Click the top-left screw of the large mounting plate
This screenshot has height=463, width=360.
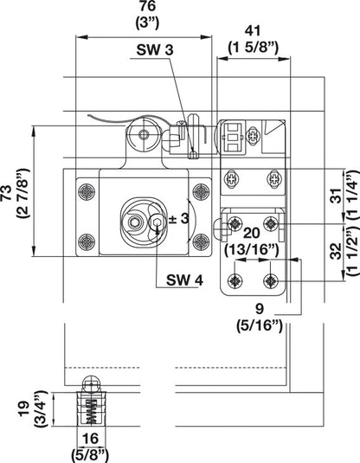click(x=84, y=190)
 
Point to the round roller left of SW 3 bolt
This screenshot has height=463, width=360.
click(x=141, y=133)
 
